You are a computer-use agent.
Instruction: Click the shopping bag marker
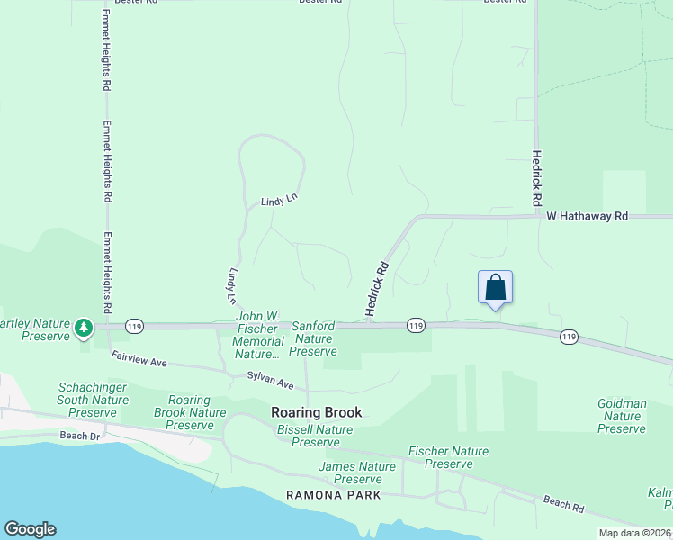495,287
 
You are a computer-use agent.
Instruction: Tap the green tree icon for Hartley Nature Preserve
84,328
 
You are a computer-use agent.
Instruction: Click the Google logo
30,529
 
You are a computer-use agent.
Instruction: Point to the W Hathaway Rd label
587,217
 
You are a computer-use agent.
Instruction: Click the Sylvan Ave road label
271,383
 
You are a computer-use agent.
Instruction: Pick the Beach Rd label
564,504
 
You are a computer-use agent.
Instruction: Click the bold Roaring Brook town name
317,412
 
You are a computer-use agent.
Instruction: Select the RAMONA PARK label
334,495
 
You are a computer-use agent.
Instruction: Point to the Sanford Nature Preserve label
314,338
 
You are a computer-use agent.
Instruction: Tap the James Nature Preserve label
358,472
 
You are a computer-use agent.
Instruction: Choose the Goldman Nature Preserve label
622,417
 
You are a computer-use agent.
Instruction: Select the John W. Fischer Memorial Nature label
258,336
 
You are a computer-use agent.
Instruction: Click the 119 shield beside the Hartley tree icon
134,326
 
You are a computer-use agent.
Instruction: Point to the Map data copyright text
635,533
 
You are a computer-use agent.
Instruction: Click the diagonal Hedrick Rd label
376,289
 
